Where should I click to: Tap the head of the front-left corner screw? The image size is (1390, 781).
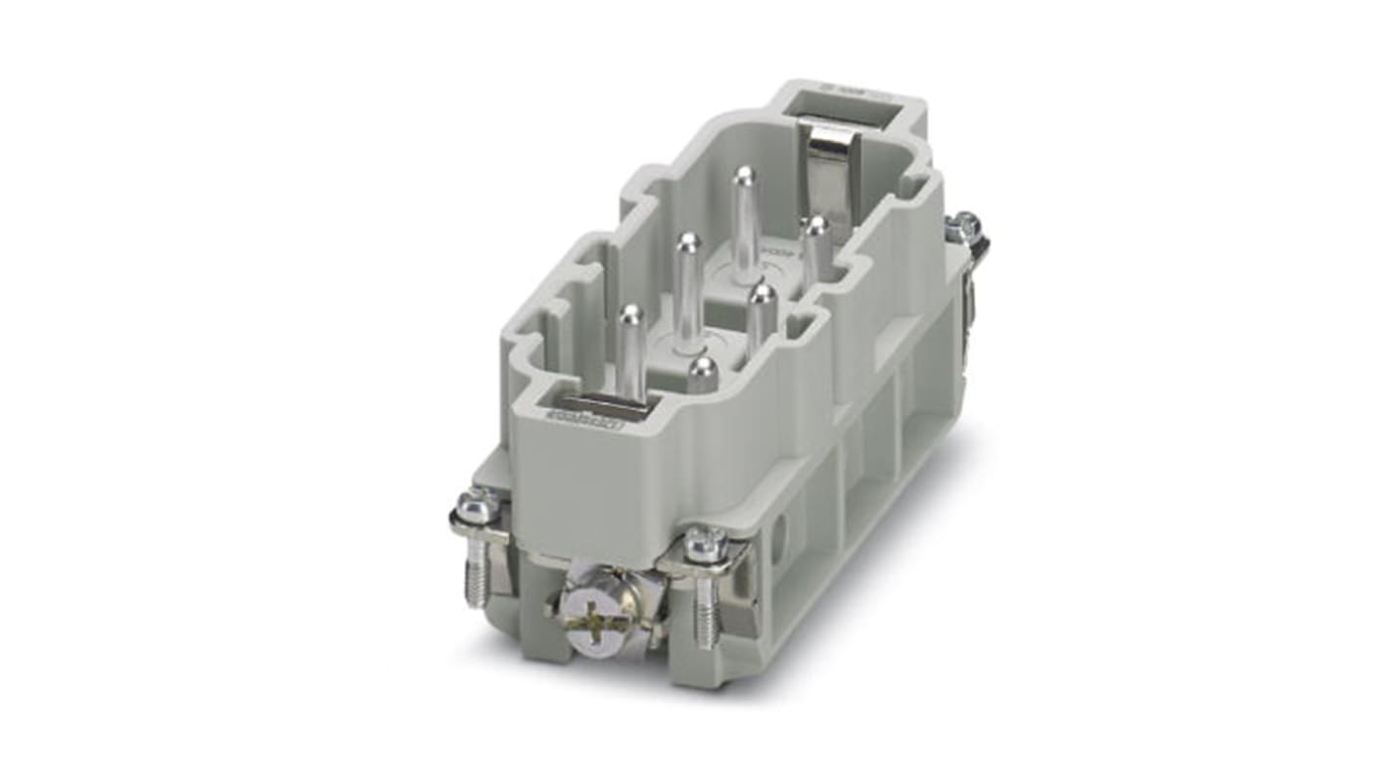480,506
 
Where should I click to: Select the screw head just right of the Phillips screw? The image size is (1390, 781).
705,544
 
